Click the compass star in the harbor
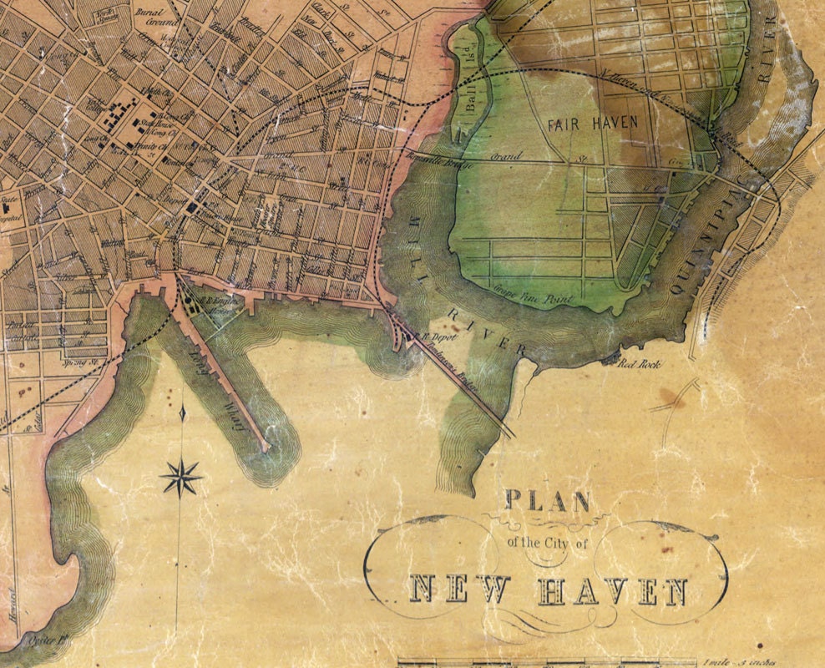pyautogui.click(x=181, y=478)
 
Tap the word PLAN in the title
pyautogui.click(x=547, y=501)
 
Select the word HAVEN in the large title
pyautogui.click(x=612, y=592)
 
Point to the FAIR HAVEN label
pyautogui.click(x=592, y=123)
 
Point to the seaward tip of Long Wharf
pyautogui.click(x=266, y=449)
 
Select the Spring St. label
pyautogui.click(x=77, y=363)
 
